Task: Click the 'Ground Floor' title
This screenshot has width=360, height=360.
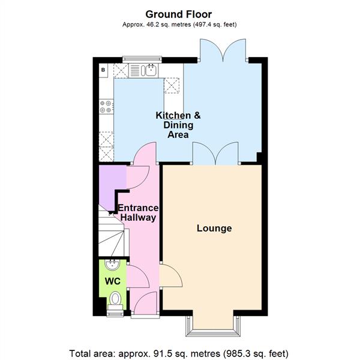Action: [179, 13]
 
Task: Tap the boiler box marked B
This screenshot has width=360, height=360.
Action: [104, 70]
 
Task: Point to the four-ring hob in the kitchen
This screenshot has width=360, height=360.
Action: [106, 106]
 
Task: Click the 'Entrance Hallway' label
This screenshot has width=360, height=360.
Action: [139, 213]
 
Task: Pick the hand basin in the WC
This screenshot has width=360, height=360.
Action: [112, 265]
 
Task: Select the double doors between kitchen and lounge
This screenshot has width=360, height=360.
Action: [215, 153]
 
